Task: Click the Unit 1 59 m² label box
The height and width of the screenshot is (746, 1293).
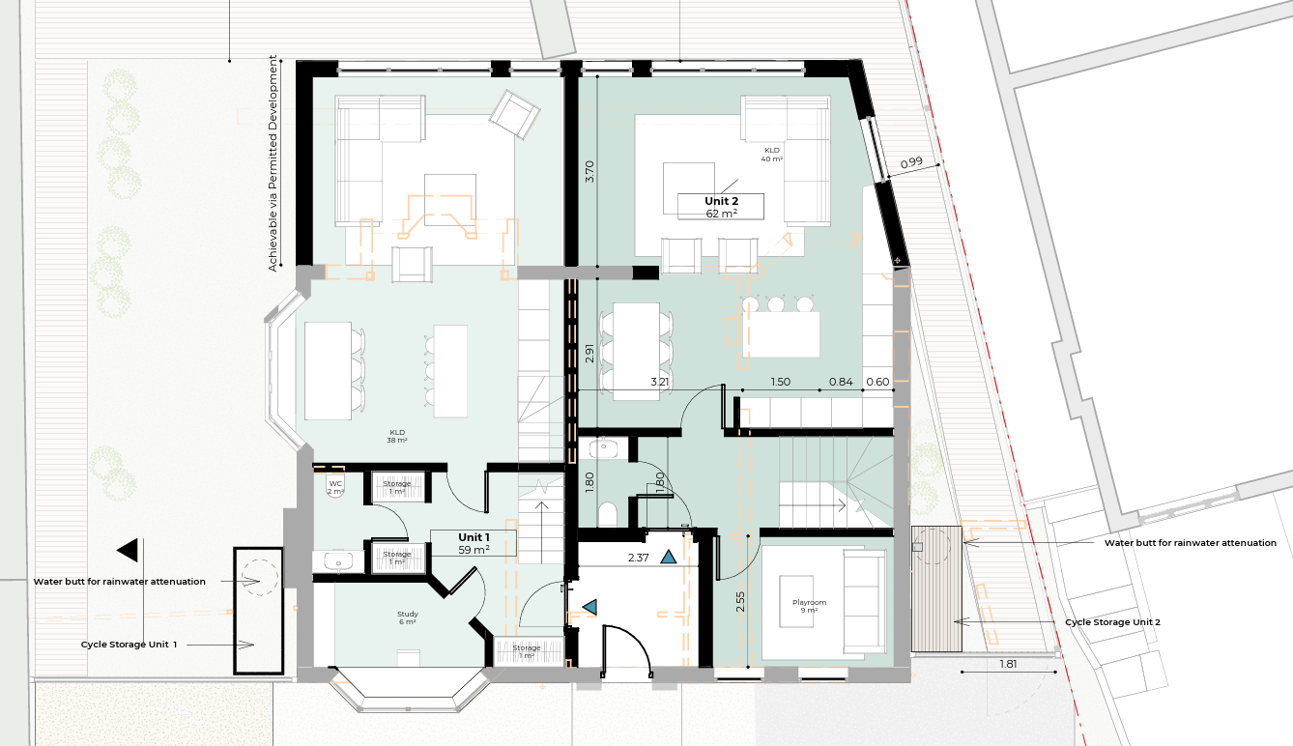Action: (x=474, y=543)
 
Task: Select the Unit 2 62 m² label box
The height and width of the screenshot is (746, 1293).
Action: (x=721, y=207)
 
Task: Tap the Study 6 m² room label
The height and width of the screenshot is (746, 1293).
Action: (x=408, y=617)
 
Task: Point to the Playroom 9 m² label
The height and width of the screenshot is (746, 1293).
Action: (x=809, y=606)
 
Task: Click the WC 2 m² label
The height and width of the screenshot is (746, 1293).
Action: (x=335, y=487)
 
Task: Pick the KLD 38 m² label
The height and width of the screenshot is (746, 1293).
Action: (x=397, y=436)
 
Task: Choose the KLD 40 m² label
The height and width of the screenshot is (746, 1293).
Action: (x=772, y=155)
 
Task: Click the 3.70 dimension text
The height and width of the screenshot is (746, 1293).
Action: (x=589, y=171)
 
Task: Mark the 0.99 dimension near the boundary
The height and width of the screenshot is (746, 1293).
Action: (x=911, y=162)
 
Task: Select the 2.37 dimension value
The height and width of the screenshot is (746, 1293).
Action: (x=639, y=558)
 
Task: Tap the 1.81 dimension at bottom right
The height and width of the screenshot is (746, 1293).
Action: (x=1008, y=664)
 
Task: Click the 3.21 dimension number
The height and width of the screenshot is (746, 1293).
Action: (x=659, y=382)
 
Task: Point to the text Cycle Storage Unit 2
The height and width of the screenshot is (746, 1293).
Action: (x=1112, y=622)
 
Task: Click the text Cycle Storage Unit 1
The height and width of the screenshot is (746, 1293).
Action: (x=129, y=645)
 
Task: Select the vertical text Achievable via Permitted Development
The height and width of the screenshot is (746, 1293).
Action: (x=273, y=163)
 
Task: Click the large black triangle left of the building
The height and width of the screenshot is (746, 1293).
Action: (x=128, y=550)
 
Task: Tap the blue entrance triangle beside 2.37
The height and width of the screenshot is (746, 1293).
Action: (x=668, y=558)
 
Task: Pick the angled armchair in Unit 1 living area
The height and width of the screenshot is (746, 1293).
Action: (x=514, y=114)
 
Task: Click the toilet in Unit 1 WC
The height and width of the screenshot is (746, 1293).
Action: (x=335, y=491)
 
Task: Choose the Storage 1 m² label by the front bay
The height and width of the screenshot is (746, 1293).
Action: (x=527, y=651)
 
